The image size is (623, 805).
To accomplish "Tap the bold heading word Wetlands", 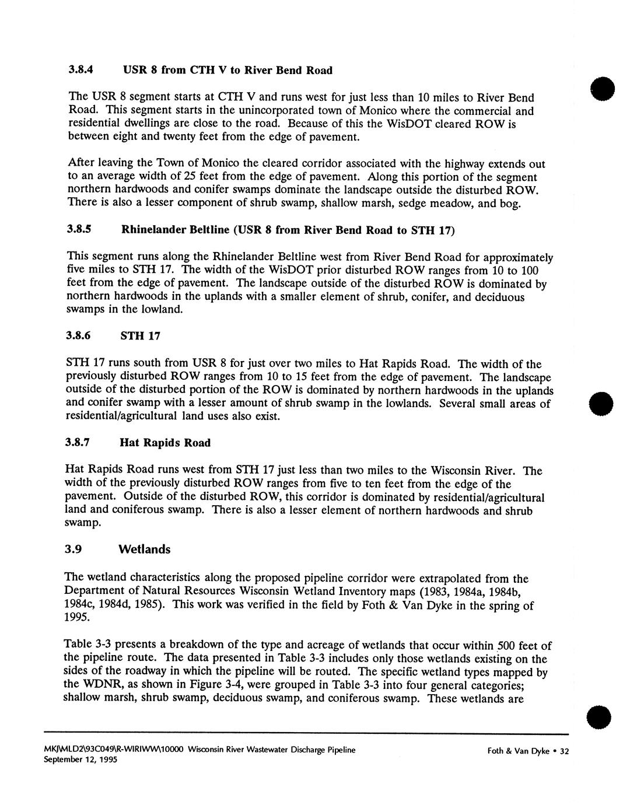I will (x=144, y=549).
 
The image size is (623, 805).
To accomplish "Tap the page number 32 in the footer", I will (x=563, y=751).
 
